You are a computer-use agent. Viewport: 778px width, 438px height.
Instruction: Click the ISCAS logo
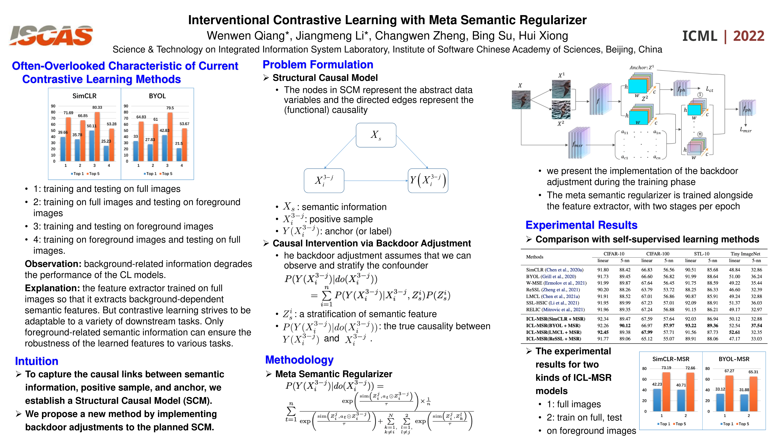pos(51,36)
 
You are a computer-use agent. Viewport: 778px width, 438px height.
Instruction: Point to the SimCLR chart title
pos(84,96)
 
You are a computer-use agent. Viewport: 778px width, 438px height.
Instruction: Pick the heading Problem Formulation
pos(318,65)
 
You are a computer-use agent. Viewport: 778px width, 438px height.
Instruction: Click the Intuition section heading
pos(37,361)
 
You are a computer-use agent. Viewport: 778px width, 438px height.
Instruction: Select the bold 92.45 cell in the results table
pos(603,332)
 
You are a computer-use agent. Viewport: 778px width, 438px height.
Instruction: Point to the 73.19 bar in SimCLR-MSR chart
pos(666,391)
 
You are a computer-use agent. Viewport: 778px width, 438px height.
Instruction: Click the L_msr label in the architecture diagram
pos(745,130)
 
